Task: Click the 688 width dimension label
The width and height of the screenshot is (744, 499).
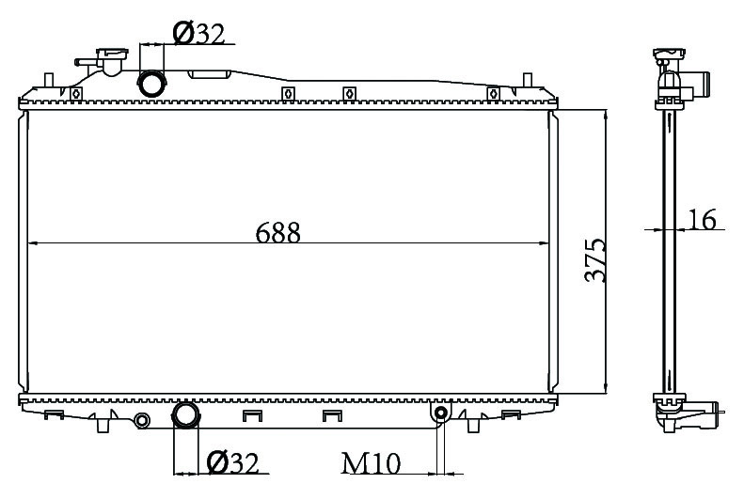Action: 278,233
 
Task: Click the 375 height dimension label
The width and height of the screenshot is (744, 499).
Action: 595,260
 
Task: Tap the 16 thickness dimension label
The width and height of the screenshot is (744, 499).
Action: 702,219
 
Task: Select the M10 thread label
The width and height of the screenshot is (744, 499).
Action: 371,463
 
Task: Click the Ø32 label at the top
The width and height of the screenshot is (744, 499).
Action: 198,33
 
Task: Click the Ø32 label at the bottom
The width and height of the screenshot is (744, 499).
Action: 233,462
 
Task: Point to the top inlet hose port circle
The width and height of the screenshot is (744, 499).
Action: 151,84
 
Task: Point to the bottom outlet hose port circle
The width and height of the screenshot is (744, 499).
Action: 186,414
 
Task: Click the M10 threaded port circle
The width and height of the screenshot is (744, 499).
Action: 441,413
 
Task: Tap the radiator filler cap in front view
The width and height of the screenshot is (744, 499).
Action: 112,53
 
